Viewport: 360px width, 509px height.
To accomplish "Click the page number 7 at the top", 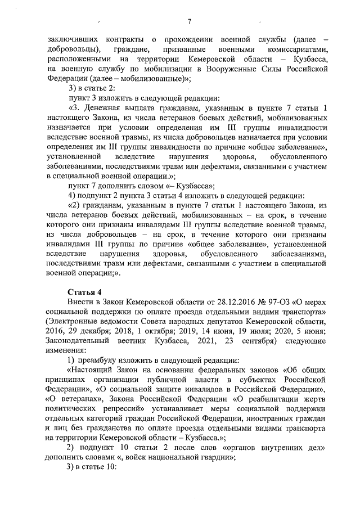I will click(x=189, y=22).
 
